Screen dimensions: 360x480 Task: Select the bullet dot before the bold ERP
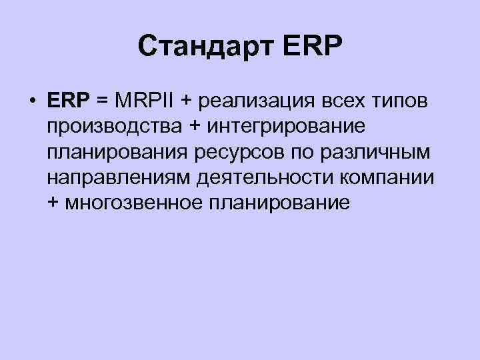[32, 101]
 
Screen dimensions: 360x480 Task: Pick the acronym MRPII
[144, 101]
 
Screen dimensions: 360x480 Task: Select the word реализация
[255, 102]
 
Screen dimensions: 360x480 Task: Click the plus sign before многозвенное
[53, 203]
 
